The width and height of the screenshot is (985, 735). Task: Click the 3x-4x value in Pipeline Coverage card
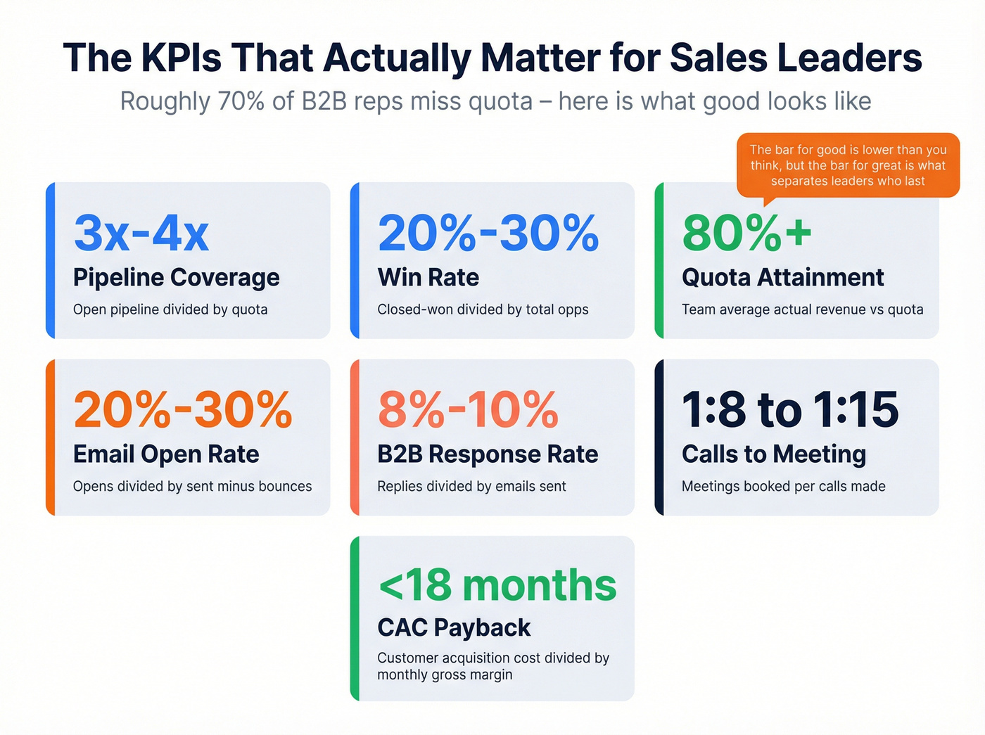pos(141,234)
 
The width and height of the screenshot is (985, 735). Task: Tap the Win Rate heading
pos(428,277)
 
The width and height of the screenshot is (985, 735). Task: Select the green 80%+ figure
pos(746,234)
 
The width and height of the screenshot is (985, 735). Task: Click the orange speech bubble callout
pos(848,165)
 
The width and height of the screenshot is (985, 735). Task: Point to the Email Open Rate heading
pos(166,454)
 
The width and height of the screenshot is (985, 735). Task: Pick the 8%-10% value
pos(468,410)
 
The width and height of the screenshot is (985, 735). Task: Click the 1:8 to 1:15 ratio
pos(789,410)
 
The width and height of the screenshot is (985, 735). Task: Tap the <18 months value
pos(497,585)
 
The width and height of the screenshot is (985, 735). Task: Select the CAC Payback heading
pos(454,627)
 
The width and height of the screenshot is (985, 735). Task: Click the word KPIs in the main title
pos(181,58)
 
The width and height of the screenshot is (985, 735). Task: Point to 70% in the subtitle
pos(241,101)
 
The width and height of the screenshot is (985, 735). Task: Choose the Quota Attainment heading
pos(782,277)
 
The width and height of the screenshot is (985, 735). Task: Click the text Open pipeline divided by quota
pos(170,309)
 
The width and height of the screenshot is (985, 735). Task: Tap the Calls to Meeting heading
pos(774,454)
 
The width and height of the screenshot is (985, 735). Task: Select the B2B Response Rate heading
pos(488,454)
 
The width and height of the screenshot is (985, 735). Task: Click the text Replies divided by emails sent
pos(471,486)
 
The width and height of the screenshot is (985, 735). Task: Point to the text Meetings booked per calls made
pos(783,486)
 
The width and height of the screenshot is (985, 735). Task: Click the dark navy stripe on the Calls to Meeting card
pos(659,437)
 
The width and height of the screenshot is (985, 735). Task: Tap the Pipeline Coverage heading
pos(176,277)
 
